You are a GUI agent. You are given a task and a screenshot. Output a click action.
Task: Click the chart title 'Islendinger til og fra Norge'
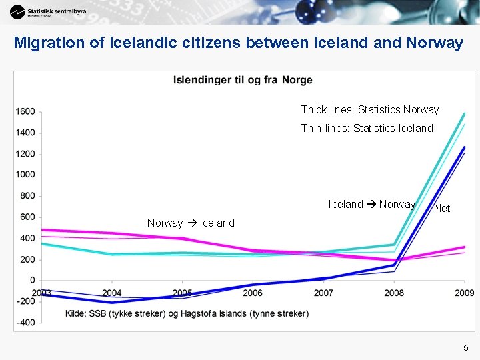tap(243, 80)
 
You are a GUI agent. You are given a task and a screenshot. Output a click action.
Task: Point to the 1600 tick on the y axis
tap(26, 111)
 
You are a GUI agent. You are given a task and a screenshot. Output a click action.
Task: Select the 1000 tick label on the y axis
tap(26, 175)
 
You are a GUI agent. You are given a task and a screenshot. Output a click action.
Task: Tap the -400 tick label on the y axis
tap(26, 323)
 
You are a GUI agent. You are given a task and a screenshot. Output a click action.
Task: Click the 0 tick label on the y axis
tap(32, 281)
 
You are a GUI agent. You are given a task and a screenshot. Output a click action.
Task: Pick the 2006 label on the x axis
tap(253, 293)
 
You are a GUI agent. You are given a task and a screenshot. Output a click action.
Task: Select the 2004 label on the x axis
tap(111, 293)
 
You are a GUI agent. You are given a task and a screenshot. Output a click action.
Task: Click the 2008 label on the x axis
tap(394, 293)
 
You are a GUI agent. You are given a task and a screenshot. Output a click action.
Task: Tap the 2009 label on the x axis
tap(464, 293)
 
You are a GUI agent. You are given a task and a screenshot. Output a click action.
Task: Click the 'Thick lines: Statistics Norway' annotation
tap(369, 109)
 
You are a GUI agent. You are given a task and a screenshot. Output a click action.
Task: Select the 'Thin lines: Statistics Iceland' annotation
tap(367, 128)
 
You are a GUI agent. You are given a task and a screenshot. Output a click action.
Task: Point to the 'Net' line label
tap(442, 209)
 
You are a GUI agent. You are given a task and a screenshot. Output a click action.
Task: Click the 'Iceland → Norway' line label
tap(371, 204)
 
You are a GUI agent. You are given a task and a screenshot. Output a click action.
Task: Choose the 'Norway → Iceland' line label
tap(191, 223)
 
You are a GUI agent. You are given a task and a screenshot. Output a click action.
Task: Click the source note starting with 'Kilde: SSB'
tap(187, 313)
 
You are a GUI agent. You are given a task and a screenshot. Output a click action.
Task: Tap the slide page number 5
tap(466, 347)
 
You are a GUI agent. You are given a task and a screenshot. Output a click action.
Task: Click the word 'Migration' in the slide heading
tap(49, 43)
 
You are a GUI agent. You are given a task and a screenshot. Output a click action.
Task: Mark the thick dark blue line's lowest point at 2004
tap(112, 303)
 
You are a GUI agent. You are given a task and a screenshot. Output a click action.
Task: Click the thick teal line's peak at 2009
tap(464, 114)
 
